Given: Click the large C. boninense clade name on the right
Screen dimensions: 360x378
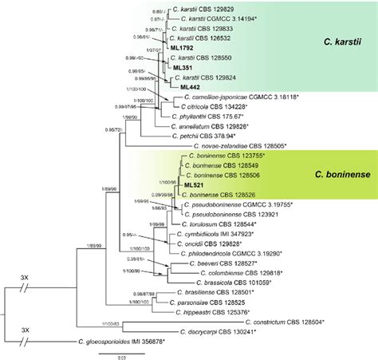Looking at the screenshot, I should (x=334, y=172).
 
